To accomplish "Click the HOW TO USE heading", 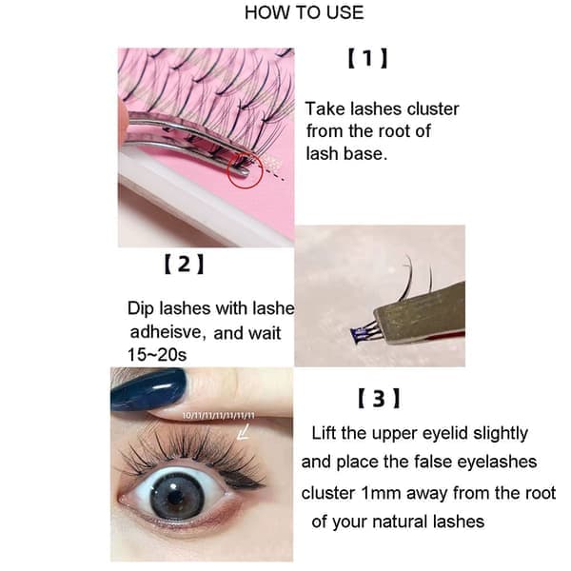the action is (305, 12).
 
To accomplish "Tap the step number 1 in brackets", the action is (367, 58).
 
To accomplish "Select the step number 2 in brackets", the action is (184, 264).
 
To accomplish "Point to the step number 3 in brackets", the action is (379, 399).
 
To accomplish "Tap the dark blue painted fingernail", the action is (148, 389).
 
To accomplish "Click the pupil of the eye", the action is (176, 497).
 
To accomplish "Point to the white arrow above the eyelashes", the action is (243, 432).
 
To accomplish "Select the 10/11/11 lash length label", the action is (219, 416).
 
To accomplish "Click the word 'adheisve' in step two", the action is (167, 332).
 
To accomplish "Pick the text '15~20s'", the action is (157, 354).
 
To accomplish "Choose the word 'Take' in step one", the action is (325, 108).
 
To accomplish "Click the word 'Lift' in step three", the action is (325, 433).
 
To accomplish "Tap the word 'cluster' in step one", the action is (433, 108).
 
